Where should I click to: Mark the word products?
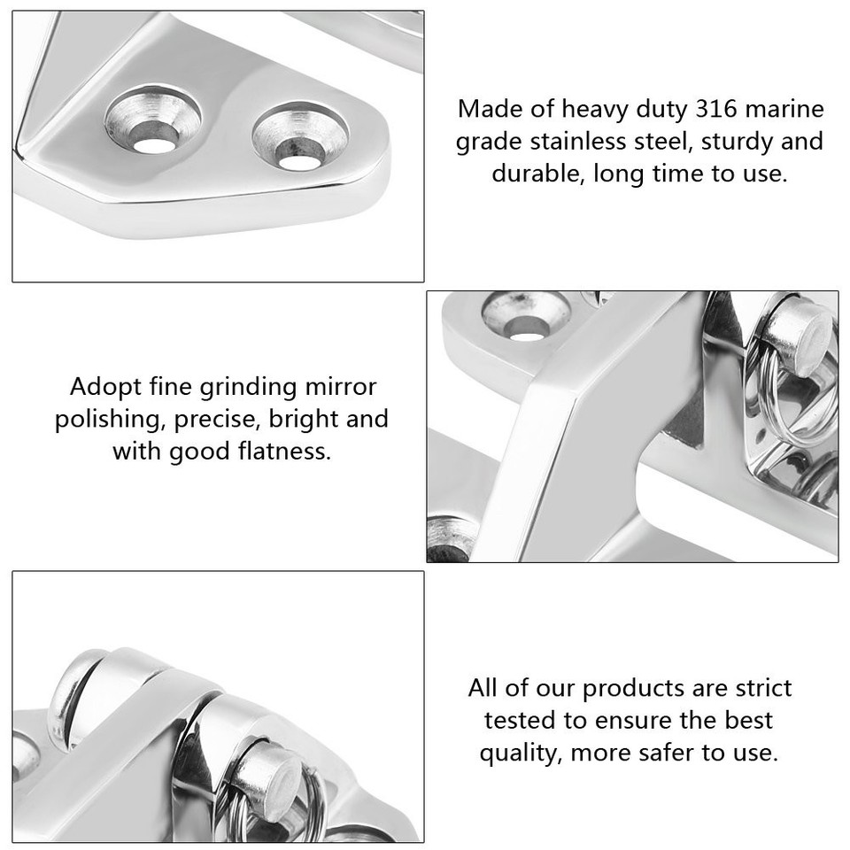pos(630,688)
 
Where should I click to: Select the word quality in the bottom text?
pos(519,753)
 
